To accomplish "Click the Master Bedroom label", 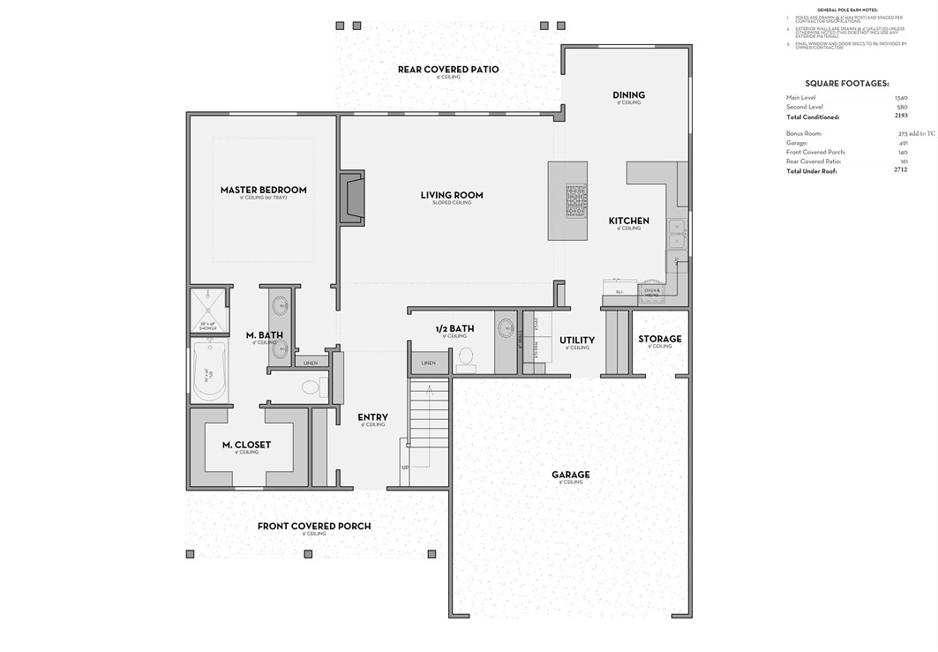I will pos(263,190).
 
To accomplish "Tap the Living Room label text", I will pos(451,195).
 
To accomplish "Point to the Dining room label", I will pos(628,95).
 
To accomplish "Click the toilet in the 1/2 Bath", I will pos(466,356).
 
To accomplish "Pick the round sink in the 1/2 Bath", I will pos(507,328).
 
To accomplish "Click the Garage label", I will pos(571,475).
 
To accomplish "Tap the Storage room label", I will pos(660,339).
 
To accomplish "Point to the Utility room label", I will pos(577,340).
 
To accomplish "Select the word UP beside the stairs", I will pos(405,468).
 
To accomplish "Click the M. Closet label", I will pos(246,445).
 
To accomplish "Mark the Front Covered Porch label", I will pos(314,526).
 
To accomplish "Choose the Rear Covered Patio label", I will pos(448,70).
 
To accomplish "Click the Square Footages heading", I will pos(846,83).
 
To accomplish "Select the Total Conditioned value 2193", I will pos(900,116).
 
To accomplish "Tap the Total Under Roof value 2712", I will pos(900,170).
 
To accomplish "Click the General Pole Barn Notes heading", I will pos(846,10).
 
